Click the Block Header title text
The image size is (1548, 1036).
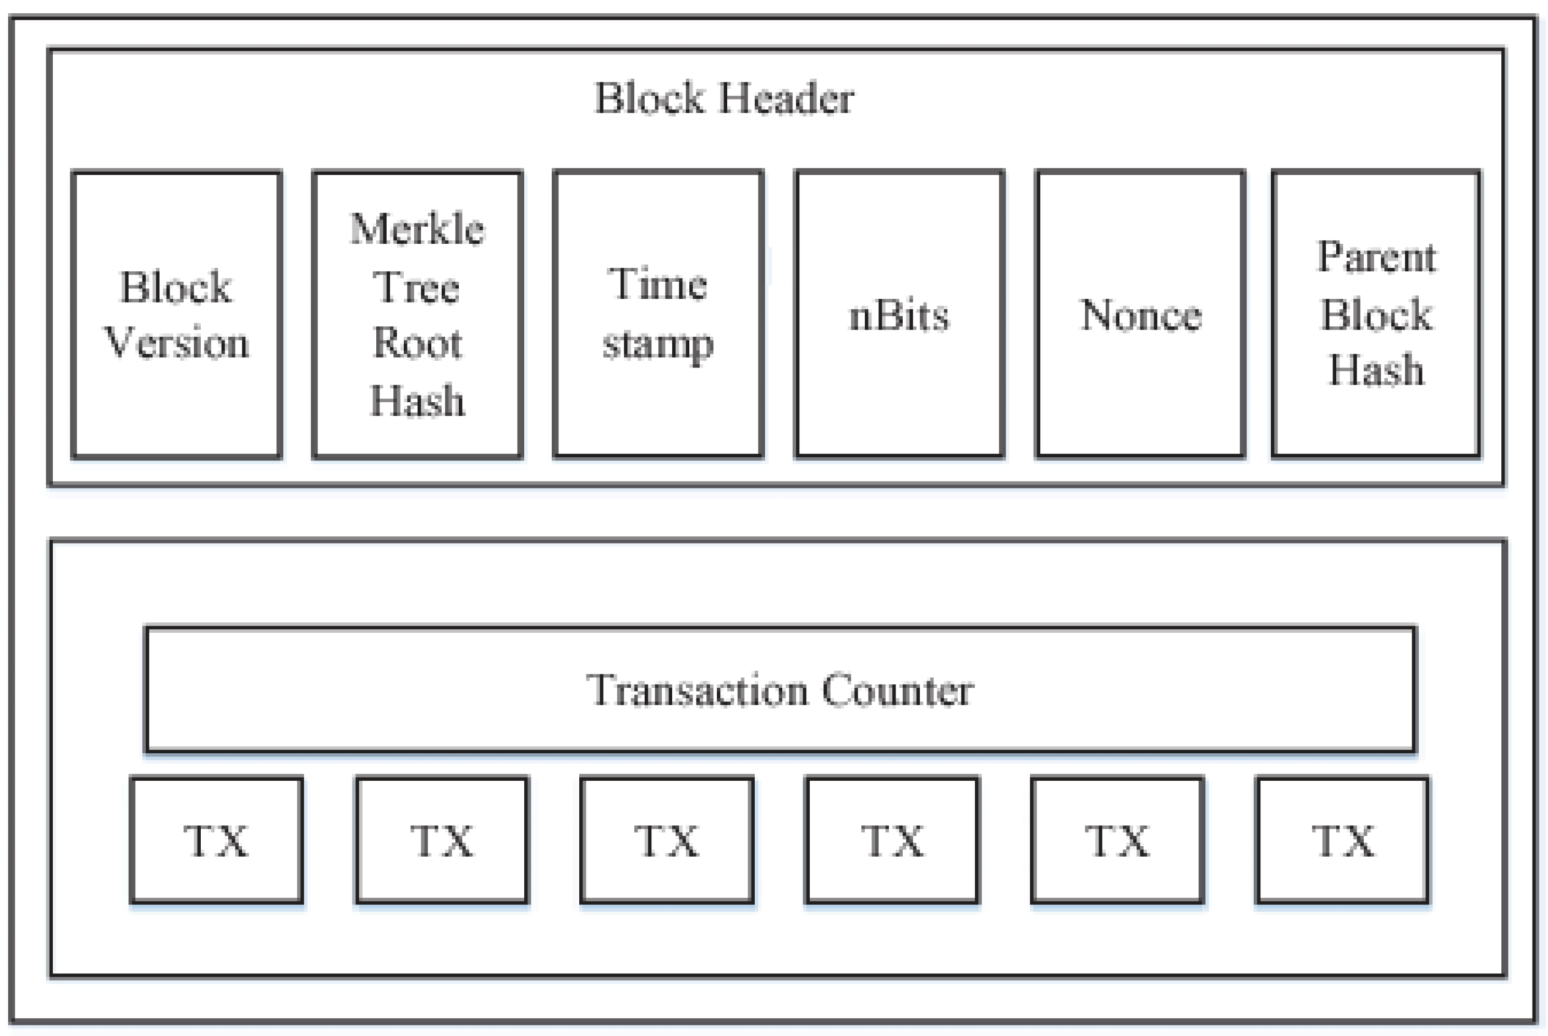click(724, 98)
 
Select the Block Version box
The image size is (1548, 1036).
click(177, 315)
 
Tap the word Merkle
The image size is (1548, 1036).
click(418, 229)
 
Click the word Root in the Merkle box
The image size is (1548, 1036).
click(418, 343)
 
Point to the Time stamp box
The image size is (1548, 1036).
click(658, 315)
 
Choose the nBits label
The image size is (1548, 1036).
click(899, 315)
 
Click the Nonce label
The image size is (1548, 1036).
click(1140, 315)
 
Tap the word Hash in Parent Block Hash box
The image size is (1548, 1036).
click(1376, 370)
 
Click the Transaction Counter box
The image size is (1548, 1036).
click(780, 690)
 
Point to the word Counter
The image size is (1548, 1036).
click(898, 690)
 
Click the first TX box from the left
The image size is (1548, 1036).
click(217, 841)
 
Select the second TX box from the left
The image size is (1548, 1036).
click(442, 841)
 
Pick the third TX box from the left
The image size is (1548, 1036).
click(667, 841)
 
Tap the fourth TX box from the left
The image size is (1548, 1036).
click(892, 841)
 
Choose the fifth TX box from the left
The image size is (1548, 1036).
click(1117, 841)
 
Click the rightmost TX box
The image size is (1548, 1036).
click(1343, 841)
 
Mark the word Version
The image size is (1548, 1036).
click(177, 343)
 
